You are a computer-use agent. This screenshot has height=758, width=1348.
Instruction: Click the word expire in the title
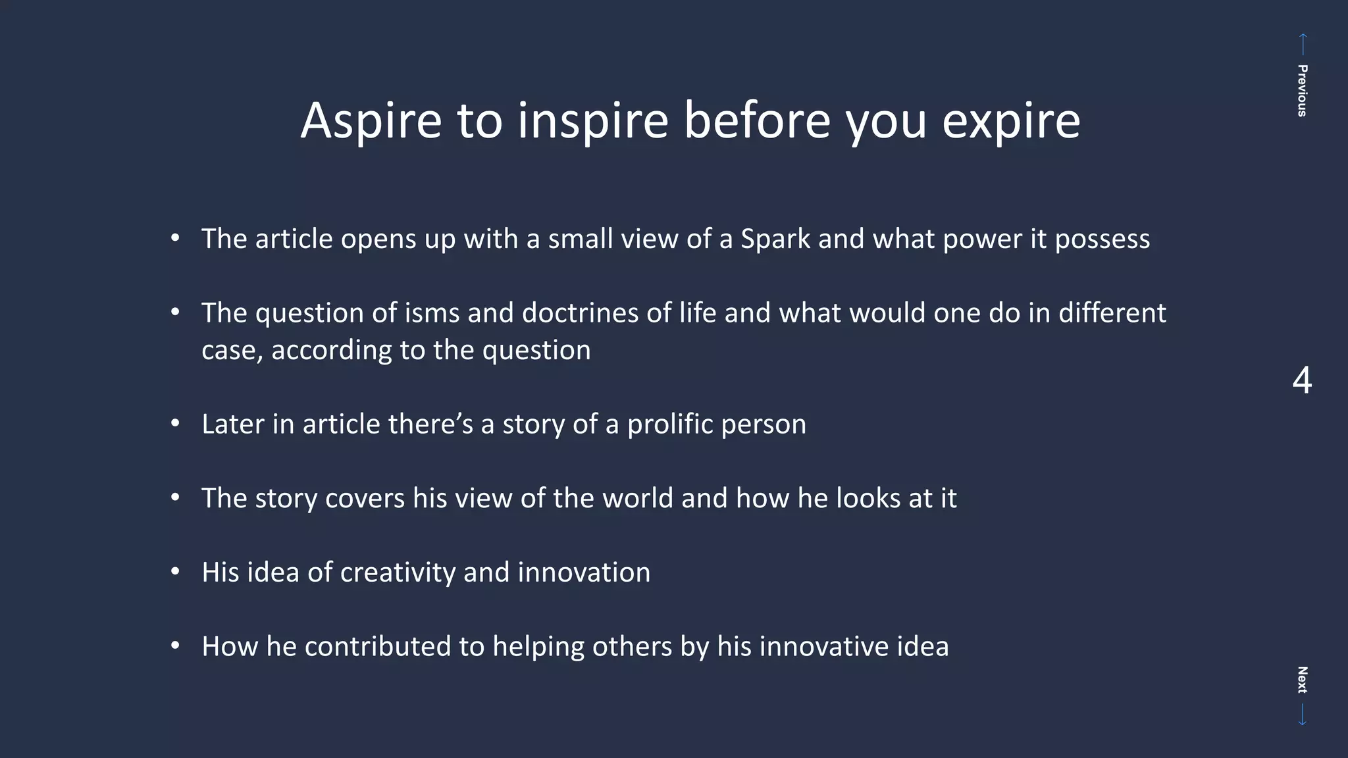1011,121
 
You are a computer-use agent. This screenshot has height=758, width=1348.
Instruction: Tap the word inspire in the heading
592,121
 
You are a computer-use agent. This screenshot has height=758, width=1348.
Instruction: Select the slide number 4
1301,381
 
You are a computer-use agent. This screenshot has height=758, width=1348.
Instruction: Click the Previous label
1301,91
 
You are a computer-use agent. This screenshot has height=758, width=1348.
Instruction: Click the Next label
1301,680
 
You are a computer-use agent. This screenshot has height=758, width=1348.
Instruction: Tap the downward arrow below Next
1302,715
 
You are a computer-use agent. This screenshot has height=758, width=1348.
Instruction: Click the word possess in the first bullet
1102,239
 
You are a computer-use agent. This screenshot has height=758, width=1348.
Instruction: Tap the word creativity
398,572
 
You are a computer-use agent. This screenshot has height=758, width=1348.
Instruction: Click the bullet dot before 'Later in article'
175,424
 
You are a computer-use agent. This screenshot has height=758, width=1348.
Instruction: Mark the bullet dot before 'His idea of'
175,572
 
